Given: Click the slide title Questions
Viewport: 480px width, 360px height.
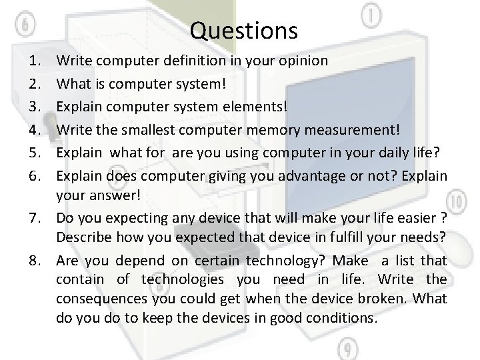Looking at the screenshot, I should tap(243, 30).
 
